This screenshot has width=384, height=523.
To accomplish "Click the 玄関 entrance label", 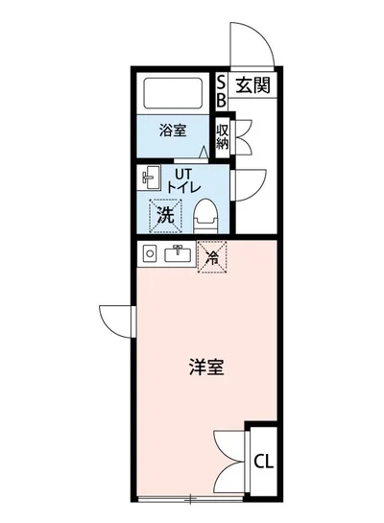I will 253,84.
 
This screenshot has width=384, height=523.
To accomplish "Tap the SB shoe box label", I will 221,90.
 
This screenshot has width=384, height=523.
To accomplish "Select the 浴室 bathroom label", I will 172,131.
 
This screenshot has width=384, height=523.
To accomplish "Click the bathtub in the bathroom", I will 173,95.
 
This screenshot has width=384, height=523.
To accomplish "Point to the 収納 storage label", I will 222,136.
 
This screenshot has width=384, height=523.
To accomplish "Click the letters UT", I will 182,172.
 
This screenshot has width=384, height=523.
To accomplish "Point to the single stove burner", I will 149,253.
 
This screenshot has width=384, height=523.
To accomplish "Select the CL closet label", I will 263,461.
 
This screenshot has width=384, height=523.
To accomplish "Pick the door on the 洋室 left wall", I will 115,320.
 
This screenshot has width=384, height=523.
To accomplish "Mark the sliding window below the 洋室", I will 192,498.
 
